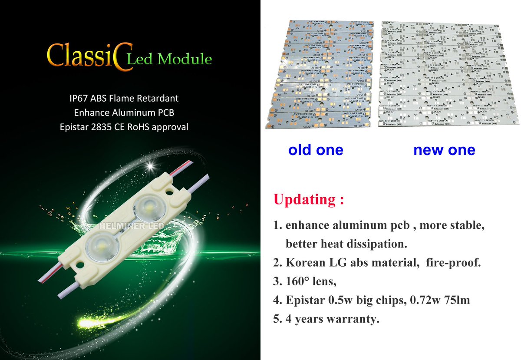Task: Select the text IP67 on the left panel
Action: click(78, 99)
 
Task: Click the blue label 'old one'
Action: click(316, 150)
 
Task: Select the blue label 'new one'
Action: click(444, 150)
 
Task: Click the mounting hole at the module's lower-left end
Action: click(79, 263)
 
